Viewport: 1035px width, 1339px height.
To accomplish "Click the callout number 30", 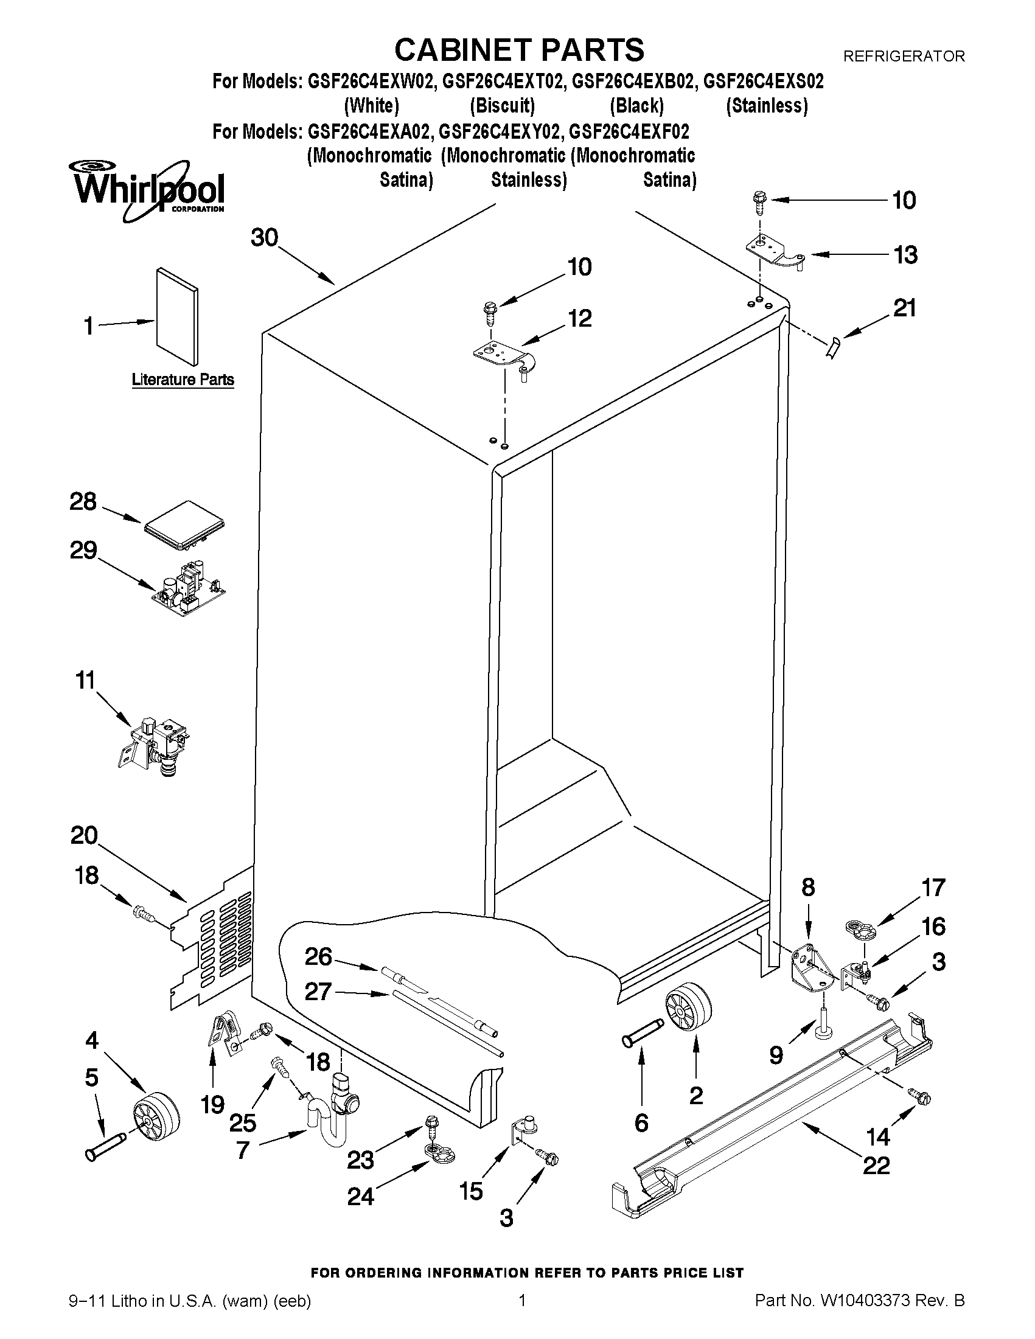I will click(x=264, y=237).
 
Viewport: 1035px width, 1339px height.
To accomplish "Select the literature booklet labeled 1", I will click(x=177, y=316).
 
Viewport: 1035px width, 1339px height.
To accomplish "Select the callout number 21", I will click(x=904, y=308).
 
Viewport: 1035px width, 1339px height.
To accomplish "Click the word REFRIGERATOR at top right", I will click(x=903, y=57).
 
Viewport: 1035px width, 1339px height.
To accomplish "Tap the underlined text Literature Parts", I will click(x=183, y=380).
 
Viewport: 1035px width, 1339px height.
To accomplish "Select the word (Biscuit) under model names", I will click(x=502, y=106).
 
